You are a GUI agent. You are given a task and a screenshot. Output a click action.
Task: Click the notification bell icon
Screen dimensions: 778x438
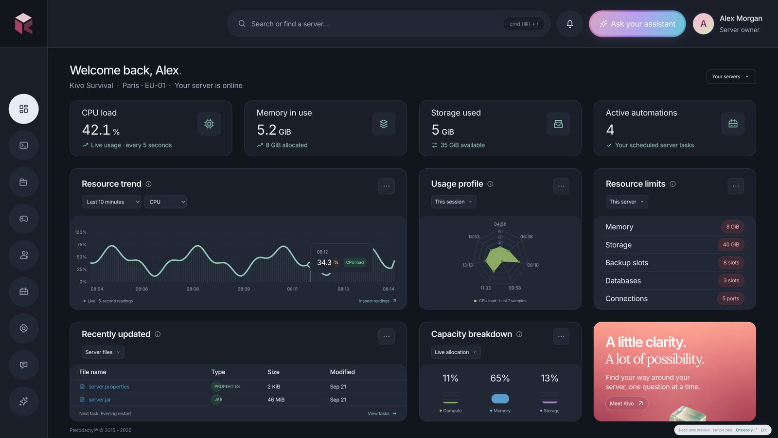pyautogui.click(x=569, y=24)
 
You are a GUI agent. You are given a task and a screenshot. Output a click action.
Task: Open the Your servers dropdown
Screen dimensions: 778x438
pyautogui.click(x=731, y=76)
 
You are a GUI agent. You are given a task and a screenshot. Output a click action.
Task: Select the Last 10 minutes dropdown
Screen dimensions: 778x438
pyautogui.click(x=111, y=201)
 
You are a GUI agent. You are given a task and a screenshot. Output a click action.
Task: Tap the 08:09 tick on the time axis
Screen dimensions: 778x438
pyautogui.click(x=244, y=289)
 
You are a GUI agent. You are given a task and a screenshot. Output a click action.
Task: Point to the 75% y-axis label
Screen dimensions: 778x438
pyautogui.click(x=82, y=244)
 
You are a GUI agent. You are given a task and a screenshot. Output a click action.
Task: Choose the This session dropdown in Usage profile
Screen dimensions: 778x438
pyautogui.click(x=454, y=201)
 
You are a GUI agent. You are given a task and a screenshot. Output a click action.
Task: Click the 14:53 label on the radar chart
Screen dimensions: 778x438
pyautogui.click(x=474, y=237)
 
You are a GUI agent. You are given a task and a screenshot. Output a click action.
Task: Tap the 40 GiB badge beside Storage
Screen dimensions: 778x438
pyautogui.click(x=731, y=244)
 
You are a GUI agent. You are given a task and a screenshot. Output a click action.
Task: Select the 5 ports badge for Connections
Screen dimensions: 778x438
pyautogui.click(x=730, y=298)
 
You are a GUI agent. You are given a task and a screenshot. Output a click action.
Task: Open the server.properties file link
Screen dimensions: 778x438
pyautogui.click(x=109, y=386)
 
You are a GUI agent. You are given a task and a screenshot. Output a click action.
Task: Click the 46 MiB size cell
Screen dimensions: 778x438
pyautogui.click(x=276, y=400)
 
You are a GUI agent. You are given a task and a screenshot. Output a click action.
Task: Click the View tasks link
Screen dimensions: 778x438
pyautogui.click(x=382, y=413)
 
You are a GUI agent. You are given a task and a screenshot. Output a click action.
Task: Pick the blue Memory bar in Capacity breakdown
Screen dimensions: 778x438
pyautogui.click(x=500, y=399)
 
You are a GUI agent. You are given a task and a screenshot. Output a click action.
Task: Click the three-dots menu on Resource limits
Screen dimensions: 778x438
pyautogui.click(x=736, y=186)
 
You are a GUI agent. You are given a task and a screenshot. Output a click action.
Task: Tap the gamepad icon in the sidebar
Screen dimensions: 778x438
pyautogui.click(x=24, y=219)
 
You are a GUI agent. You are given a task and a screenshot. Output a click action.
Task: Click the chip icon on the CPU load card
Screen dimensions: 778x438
pyautogui.click(x=209, y=124)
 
